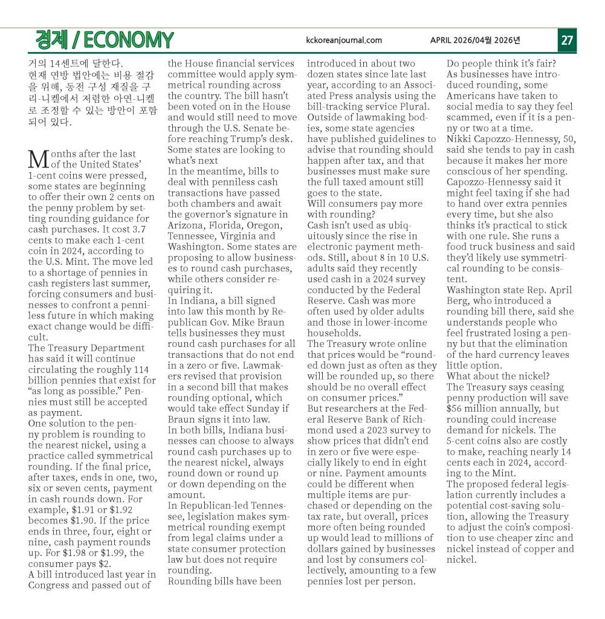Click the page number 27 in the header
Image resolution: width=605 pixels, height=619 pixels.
coord(567,41)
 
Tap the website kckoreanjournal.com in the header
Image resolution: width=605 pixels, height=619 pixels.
coord(345,41)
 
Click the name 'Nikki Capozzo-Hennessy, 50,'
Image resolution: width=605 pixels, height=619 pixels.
coord(511,140)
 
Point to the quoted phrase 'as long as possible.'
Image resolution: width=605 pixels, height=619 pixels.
coord(74,392)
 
